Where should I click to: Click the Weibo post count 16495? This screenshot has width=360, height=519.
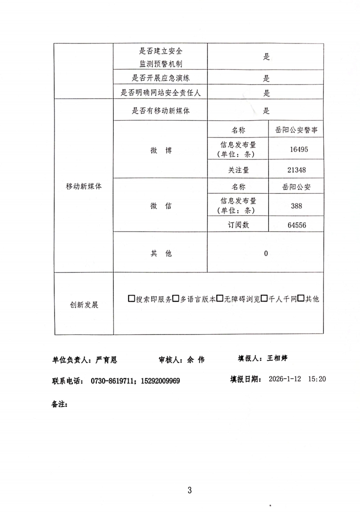click(299, 149)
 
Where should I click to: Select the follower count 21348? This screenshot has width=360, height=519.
click(297, 170)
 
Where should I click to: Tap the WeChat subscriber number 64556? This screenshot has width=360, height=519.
click(297, 225)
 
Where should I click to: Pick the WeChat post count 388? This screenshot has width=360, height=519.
click(296, 206)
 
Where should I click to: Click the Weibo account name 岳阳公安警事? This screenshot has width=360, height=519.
click(296, 130)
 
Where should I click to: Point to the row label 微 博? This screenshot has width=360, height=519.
click(161, 151)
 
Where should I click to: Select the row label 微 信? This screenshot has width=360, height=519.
click(161, 206)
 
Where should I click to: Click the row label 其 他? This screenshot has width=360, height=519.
click(161, 254)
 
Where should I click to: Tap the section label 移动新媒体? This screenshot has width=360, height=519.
click(84, 186)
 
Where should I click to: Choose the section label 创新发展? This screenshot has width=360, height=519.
click(84, 305)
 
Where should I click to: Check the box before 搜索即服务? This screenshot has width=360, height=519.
click(131, 299)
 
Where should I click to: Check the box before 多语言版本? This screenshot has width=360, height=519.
click(176, 299)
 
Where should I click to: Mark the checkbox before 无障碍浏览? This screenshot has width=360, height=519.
click(220, 299)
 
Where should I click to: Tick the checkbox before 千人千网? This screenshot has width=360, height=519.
click(264, 299)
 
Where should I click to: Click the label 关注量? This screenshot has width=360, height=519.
click(238, 170)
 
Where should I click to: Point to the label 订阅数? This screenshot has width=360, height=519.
click(238, 225)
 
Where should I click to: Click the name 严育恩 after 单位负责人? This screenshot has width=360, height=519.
click(106, 360)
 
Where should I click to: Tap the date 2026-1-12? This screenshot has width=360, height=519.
click(285, 379)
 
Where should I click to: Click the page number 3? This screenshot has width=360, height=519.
click(190, 490)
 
